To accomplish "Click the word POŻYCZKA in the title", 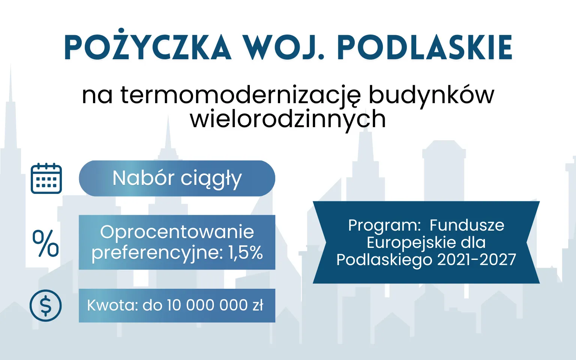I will coord(148,48).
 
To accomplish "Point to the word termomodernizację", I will coord(240,95).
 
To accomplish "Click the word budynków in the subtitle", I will coord(431,95).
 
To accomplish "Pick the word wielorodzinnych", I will coord(288,119).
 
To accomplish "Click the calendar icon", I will coord(46,178).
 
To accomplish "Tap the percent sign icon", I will coord(46,243).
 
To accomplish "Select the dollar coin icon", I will coord(46,305).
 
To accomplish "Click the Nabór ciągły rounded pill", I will coord(177,178).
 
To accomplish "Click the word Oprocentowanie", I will coord(177,232).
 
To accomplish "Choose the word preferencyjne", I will coord(157,252).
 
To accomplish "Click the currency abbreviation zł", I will coord(258,305).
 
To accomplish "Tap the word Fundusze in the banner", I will coord(467,225).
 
